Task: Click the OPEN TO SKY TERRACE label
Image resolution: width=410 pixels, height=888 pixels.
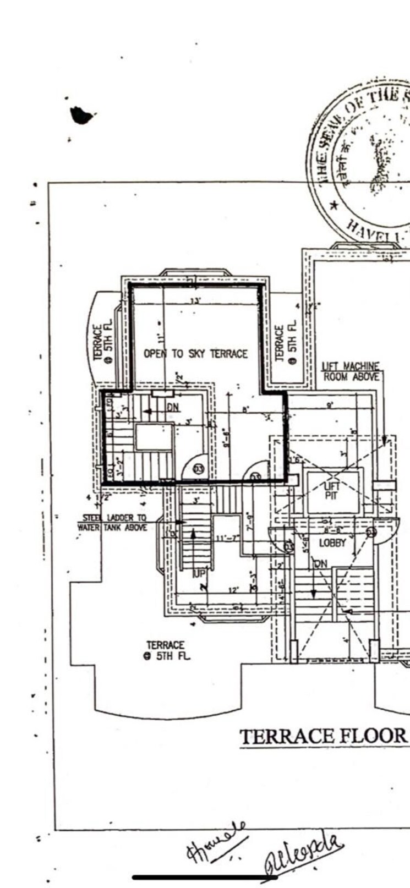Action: click(x=195, y=354)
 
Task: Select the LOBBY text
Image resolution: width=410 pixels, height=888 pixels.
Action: click(x=332, y=542)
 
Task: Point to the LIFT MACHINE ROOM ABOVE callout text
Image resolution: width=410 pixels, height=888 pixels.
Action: click(x=351, y=371)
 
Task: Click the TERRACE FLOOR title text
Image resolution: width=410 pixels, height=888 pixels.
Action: click(x=323, y=736)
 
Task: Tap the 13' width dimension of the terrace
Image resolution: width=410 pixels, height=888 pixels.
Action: click(x=195, y=301)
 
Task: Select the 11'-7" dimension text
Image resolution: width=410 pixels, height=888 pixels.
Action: click(x=227, y=537)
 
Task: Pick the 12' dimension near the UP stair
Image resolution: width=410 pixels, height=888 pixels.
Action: click(x=233, y=590)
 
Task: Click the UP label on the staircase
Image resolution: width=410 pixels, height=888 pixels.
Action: click(x=198, y=574)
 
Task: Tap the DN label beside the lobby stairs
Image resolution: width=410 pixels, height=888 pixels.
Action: click(x=320, y=564)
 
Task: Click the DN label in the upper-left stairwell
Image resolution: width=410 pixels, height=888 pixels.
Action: click(x=173, y=408)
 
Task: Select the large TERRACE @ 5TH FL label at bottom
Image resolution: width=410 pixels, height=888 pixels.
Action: click(x=166, y=650)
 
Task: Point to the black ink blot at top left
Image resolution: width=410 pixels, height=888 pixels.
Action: click(x=81, y=115)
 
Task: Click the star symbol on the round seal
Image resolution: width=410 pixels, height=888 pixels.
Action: click(x=334, y=206)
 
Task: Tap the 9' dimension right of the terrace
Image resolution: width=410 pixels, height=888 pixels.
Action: click(x=329, y=406)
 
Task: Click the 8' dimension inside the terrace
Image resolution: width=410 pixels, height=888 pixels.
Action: click(x=245, y=409)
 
